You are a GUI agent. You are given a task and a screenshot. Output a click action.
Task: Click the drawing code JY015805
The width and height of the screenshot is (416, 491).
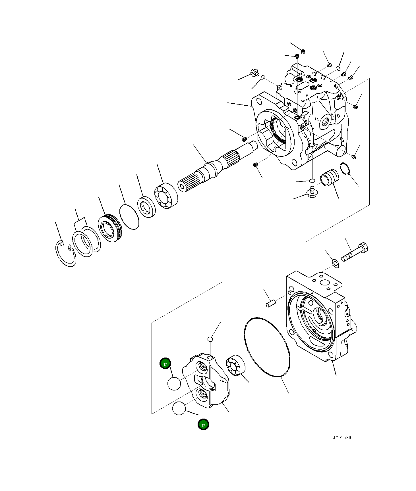343,438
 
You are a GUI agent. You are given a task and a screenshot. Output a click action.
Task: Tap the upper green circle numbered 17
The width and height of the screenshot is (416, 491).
165,363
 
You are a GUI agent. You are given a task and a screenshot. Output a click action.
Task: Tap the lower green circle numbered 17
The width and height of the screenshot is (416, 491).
203,425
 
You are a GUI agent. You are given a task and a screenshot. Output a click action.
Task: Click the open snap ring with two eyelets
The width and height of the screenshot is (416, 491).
65,254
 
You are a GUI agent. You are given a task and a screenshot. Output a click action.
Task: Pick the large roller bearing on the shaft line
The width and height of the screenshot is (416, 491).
166,195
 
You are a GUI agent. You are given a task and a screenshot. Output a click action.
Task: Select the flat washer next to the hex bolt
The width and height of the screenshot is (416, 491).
336,263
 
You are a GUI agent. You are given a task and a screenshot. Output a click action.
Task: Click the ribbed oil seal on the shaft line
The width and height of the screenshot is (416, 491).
109,228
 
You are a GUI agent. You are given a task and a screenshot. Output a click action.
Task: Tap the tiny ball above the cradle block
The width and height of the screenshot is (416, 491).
210,339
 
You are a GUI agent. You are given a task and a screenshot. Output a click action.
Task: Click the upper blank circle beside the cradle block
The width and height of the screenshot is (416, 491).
174,384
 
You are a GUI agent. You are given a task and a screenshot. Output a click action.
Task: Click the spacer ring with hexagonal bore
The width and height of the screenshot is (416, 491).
146,207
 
